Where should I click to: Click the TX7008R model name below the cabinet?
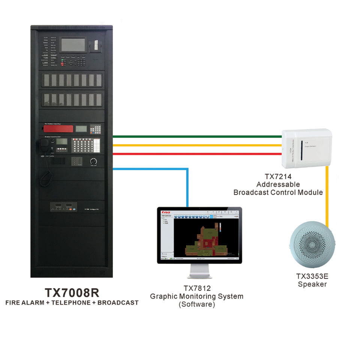72,292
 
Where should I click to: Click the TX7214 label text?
277,176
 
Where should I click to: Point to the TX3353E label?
312,276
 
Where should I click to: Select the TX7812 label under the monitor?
196,288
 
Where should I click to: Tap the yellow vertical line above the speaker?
327,195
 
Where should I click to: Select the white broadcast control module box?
307,147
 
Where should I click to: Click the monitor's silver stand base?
199,276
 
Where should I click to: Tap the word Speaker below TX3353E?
312,284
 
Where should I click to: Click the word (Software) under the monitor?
196,304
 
